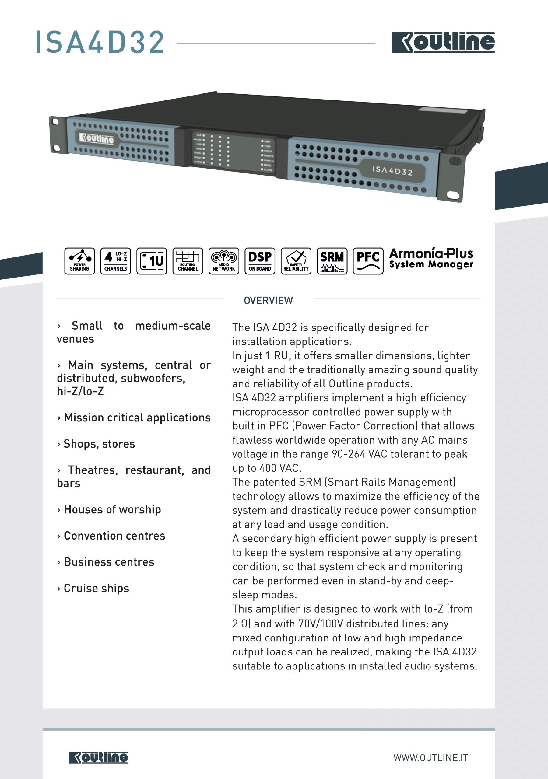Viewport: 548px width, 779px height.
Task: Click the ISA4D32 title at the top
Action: (x=100, y=42)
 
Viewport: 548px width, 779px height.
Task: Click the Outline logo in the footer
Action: (x=98, y=757)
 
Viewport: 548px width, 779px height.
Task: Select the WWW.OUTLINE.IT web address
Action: (x=430, y=758)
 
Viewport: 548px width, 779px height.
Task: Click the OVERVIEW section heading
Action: (x=268, y=300)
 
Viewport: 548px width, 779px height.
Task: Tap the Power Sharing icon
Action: (x=79, y=261)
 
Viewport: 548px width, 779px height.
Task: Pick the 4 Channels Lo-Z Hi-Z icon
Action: (x=115, y=261)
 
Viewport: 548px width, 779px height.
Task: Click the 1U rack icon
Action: (x=152, y=261)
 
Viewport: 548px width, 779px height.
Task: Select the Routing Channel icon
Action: (x=188, y=261)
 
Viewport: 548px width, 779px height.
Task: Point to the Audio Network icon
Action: (x=224, y=261)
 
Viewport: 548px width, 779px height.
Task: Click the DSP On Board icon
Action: (x=260, y=261)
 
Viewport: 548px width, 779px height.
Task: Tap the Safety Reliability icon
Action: (x=296, y=261)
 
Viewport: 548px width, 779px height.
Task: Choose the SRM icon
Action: (x=332, y=261)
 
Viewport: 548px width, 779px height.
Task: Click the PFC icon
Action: (x=368, y=261)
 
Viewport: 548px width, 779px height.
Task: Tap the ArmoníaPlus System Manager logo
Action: (x=431, y=259)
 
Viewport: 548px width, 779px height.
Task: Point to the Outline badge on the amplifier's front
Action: (x=97, y=138)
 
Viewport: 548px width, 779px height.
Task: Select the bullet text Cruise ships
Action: (x=96, y=588)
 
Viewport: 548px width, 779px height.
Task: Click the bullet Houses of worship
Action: (x=112, y=509)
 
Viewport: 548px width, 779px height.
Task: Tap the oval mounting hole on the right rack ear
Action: (x=453, y=195)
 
